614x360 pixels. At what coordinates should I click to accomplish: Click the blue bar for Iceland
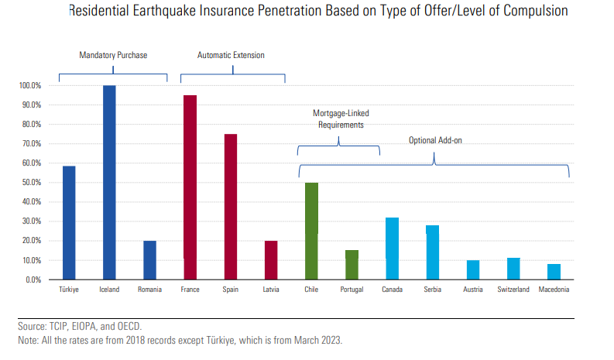tap(109, 182)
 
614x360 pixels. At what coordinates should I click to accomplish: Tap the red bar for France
tap(190, 187)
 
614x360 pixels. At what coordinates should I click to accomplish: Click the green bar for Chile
tap(311, 231)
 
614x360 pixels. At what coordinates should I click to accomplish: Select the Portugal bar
tap(352, 264)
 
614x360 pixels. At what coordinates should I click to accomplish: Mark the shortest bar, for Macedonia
tap(554, 271)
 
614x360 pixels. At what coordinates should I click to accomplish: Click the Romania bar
tap(149, 259)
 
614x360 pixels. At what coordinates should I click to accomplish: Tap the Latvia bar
tap(271, 259)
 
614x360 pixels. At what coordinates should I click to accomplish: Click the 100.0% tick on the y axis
tap(30, 85)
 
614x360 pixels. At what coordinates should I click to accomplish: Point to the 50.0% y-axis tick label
tap(32, 183)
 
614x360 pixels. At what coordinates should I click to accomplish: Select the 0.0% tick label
tap(34, 279)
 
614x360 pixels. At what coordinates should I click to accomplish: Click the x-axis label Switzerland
tap(513, 290)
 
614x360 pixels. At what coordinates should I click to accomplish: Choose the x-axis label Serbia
tap(432, 290)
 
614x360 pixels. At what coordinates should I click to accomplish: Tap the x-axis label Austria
tap(473, 290)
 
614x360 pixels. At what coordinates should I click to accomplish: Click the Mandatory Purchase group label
tap(113, 55)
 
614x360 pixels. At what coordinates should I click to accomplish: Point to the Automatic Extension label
tap(231, 55)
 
